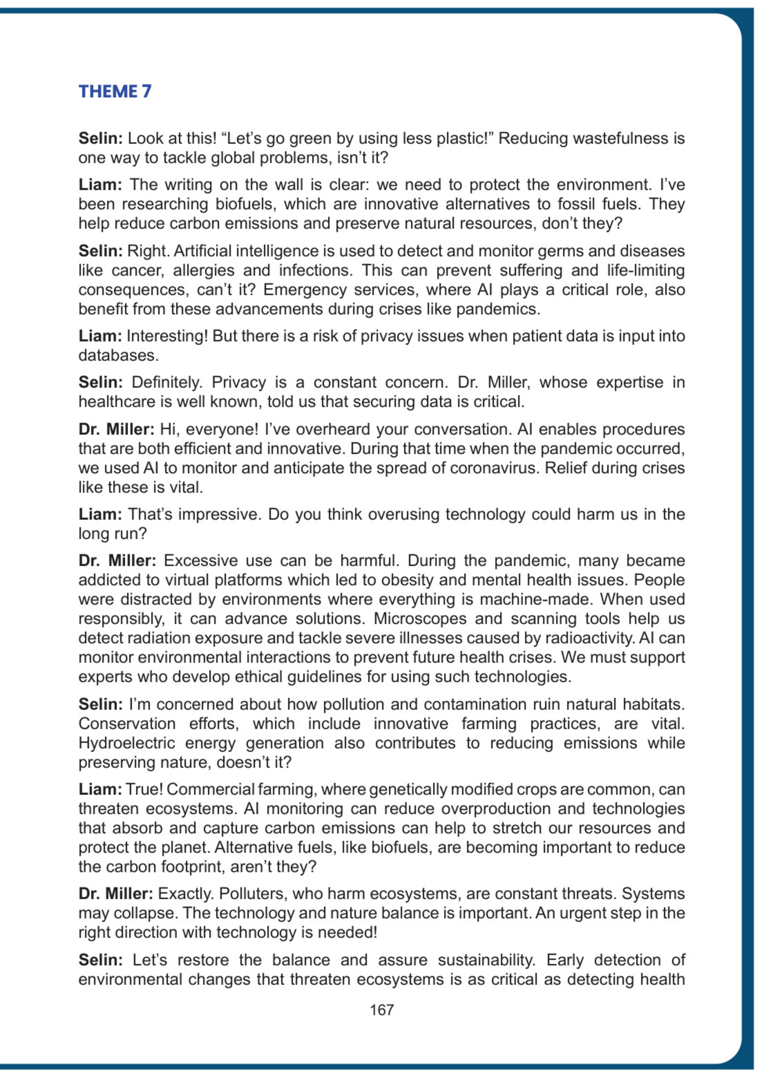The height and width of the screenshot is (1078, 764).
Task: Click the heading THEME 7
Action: [x=115, y=91]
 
